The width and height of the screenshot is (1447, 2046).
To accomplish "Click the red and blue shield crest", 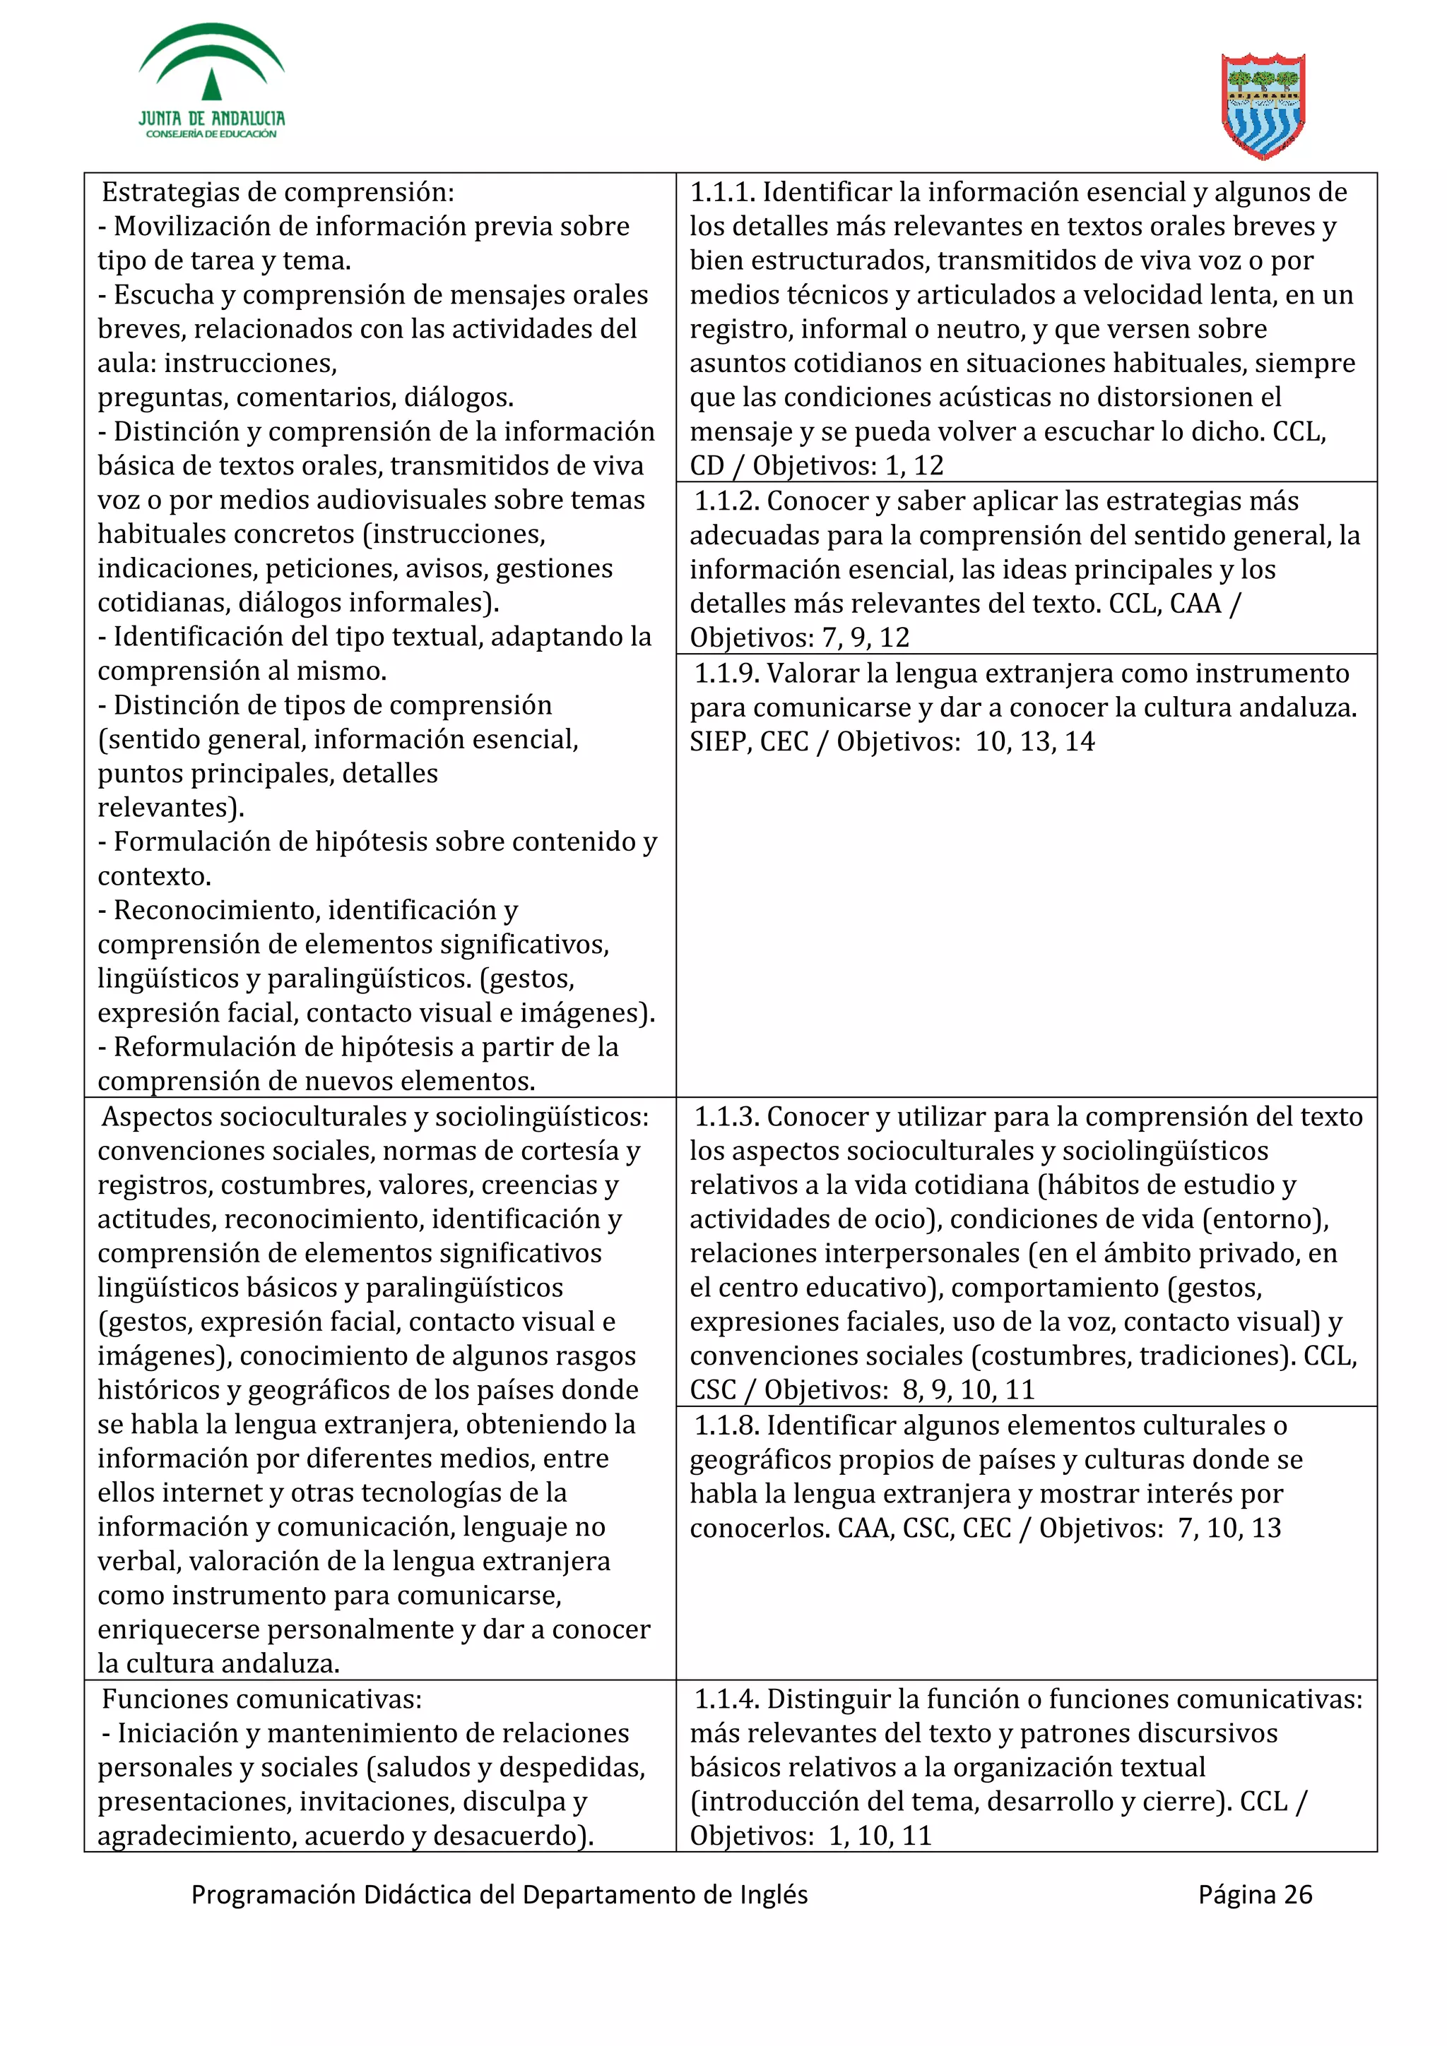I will click(x=1263, y=106).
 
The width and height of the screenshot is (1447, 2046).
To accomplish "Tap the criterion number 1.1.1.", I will click(x=723, y=193).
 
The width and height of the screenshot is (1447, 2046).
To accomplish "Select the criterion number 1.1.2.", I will click(x=726, y=502).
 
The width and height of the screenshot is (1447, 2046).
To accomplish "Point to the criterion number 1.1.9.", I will click(x=726, y=674).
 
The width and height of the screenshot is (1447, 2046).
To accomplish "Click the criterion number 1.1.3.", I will click(x=726, y=1117).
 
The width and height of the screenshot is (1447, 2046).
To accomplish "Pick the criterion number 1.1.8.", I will click(x=726, y=1426).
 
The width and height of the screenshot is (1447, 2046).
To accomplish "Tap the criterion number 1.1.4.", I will click(x=726, y=1699).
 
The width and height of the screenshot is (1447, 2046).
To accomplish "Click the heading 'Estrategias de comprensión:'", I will click(x=277, y=193).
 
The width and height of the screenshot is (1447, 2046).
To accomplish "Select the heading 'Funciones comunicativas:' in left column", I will click(x=261, y=1699).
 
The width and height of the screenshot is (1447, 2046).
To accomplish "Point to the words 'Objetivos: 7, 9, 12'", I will click(x=800, y=638).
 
